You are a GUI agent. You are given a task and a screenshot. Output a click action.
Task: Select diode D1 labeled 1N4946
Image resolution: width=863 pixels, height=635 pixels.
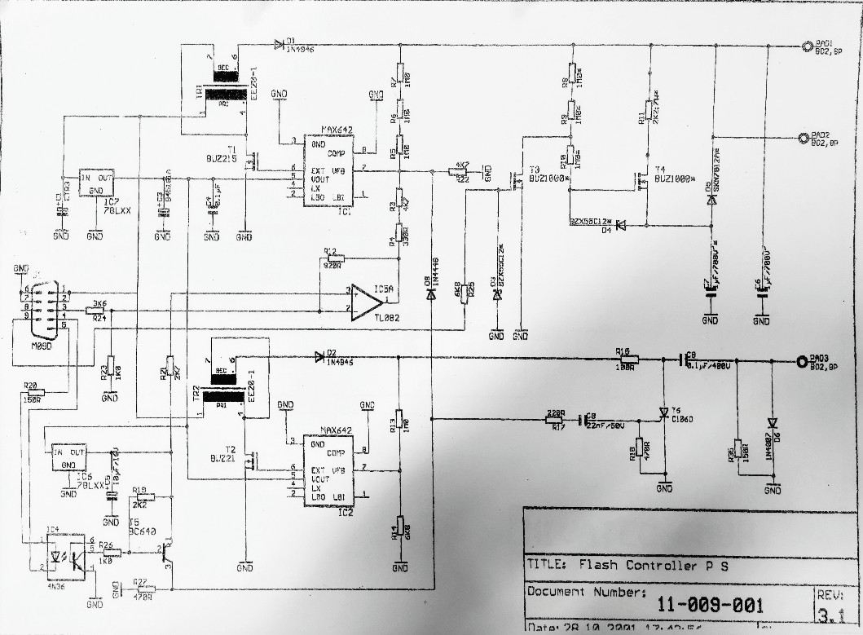(280, 44)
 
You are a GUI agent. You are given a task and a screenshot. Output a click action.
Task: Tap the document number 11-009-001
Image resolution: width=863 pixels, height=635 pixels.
(710, 604)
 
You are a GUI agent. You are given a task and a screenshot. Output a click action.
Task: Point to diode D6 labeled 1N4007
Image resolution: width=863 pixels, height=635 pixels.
(772, 423)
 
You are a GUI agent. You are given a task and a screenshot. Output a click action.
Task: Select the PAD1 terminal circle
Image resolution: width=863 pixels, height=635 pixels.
(805, 46)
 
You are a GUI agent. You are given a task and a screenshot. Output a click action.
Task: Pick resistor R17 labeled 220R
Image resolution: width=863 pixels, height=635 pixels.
(556, 420)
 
